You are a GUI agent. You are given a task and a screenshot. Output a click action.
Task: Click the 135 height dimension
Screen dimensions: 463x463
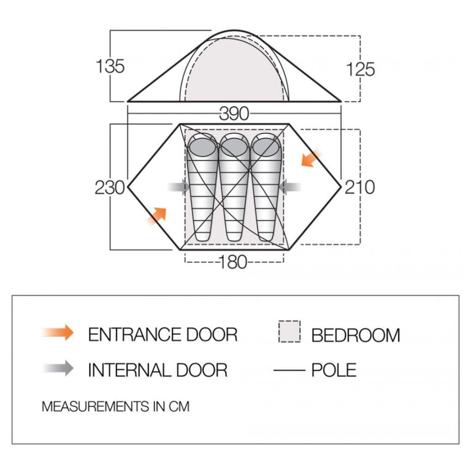(110, 66)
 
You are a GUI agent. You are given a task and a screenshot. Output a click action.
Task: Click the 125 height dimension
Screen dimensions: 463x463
(360, 69)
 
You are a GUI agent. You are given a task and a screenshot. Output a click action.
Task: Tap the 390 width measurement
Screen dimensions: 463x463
(234, 114)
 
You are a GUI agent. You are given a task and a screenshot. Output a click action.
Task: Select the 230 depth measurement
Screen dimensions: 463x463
(110, 187)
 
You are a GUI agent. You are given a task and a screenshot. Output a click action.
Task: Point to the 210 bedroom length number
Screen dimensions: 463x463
(360, 187)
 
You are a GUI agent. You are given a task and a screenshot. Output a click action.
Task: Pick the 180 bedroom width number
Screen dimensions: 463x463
(233, 262)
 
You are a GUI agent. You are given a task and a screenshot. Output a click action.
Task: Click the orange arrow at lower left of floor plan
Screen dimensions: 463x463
(156, 216)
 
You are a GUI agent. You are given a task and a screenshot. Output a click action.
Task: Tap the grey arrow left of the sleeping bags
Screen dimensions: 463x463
(179, 187)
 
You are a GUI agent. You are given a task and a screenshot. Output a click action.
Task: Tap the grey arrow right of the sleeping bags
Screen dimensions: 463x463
(290, 187)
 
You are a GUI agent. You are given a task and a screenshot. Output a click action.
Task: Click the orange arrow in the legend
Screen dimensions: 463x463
(58, 333)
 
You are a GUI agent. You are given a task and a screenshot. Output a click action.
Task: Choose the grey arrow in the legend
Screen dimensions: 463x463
(58, 368)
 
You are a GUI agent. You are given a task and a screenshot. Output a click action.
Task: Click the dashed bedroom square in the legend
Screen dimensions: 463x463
(290, 332)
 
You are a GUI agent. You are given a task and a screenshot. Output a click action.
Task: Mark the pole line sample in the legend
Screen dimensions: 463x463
(290, 370)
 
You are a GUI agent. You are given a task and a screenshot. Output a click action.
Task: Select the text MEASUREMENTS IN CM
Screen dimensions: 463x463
(116, 407)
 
